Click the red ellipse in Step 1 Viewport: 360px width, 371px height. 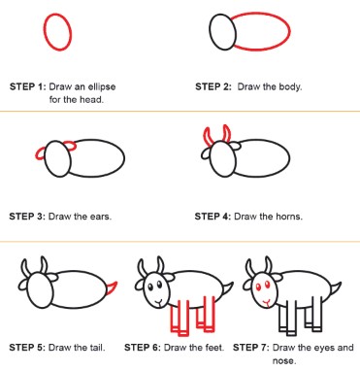45,32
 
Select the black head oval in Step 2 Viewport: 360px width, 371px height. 210,32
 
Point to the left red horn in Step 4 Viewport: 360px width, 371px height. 206,136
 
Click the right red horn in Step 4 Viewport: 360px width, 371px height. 227,133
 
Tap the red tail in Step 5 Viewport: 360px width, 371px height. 112,287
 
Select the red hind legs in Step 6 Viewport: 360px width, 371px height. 206,314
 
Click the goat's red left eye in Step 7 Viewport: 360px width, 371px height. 258,287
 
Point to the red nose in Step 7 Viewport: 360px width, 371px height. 267,303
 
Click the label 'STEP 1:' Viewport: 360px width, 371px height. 28,86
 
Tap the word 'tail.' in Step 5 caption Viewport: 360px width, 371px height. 96,348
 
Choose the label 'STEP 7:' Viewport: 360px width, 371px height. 251,348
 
